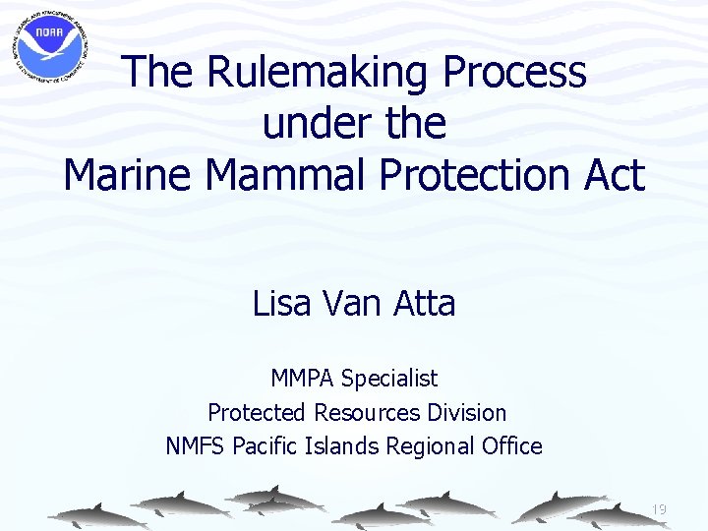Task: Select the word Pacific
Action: tap(261, 446)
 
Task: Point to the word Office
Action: tap(511, 446)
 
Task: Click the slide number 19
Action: tap(659, 509)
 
